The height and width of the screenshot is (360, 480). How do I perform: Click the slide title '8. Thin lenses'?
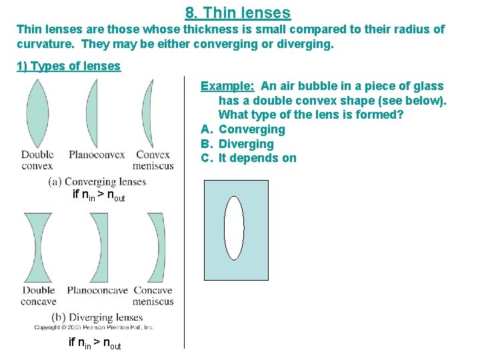click(238, 12)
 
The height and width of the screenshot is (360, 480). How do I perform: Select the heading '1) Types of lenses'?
click(69, 65)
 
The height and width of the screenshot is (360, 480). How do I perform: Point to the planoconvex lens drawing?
click(92, 113)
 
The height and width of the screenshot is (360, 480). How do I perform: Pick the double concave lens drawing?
click(37, 247)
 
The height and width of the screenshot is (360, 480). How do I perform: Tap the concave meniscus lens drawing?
click(157, 247)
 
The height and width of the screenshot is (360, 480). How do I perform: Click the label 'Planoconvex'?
click(97, 155)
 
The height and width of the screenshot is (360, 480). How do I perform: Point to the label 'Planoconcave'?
click(97, 291)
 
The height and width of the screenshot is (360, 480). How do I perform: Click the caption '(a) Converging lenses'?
click(97, 181)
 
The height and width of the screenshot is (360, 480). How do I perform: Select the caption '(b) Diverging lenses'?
click(97, 317)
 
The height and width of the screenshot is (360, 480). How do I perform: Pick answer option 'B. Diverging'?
click(237, 144)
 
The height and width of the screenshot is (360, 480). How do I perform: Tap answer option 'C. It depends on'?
click(249, 158)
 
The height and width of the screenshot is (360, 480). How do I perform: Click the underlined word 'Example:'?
click(228, 86)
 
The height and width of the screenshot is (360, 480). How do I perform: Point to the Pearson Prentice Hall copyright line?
click(94, 327)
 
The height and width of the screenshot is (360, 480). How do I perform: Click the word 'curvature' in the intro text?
click(42, 44)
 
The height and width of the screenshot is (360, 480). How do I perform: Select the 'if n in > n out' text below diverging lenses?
click(95, 343)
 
